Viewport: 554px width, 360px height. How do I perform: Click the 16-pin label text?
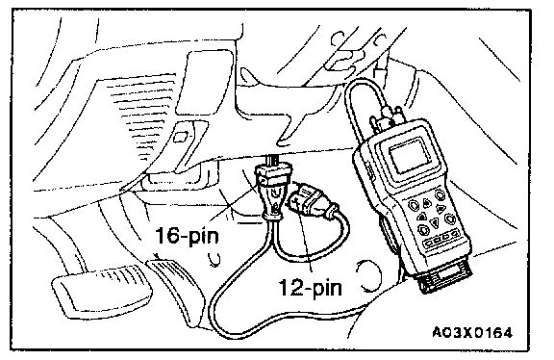[x=187, y=235]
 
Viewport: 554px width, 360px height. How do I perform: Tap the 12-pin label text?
[x=311, y=287]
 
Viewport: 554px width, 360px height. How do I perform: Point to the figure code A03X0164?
[x=472, y=332]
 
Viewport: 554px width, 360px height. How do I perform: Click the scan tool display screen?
[x=410, y=155]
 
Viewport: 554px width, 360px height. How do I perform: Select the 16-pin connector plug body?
[x=273, y=191]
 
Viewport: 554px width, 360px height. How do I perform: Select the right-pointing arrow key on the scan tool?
[x=440, y=209]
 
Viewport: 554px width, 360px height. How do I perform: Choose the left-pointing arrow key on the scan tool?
[x=422, y=217]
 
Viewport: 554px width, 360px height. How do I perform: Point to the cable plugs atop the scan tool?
[x=386, y=117]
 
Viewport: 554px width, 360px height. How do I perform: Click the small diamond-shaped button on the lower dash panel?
[x=181, y=137]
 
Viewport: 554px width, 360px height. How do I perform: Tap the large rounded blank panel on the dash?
[x=204, y=82]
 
